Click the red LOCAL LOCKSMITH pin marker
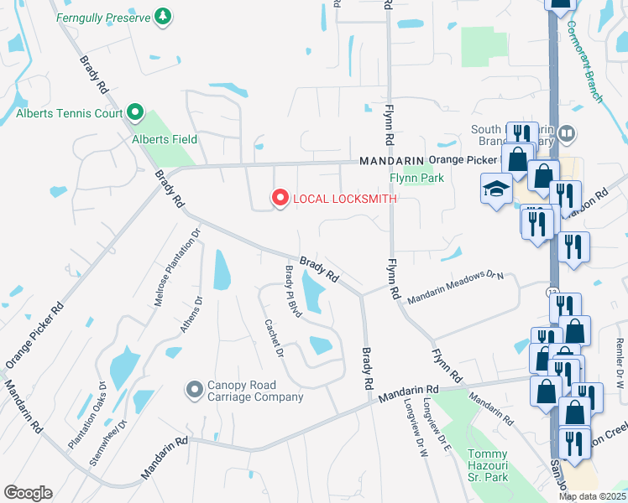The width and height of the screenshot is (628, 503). (x=280, y=199)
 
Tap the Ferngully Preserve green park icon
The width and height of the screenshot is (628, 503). (x=163, y=17)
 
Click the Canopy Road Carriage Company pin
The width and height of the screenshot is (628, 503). (x=195, y=389)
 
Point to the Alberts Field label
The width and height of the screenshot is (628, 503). (x=165, y=139)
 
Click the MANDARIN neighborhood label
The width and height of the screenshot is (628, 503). (x=390, y=160)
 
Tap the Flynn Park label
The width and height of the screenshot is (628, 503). (x=417, y=178)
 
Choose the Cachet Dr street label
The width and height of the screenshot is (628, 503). (x=272, y=338)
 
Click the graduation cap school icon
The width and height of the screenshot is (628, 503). (x=496, y=188)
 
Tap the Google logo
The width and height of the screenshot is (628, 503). (x=28, y=493)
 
